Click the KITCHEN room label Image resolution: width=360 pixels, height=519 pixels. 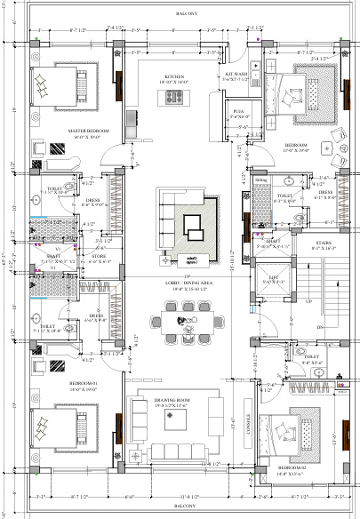click(x=174, y=77)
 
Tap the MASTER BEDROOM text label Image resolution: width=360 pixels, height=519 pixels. click(x=87, y=131)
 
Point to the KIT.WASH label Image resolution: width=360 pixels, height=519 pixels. click(x=236, y=75)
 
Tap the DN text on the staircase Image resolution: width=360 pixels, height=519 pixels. click(x=320, y=327)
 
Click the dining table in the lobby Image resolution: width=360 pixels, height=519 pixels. click(x=187, y=318)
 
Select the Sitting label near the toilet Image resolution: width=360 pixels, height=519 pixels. click(x=260, y=180)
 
